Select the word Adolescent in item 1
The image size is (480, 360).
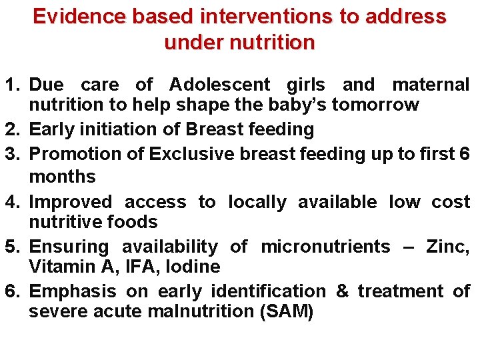(219, 85)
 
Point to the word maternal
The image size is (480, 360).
(431, 85)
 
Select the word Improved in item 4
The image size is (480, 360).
(71, 202)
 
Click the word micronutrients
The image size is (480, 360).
(326, 247)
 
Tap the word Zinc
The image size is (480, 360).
(449, 247)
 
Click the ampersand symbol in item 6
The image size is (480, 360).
(343, 291)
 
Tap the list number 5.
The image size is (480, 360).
(14, 247)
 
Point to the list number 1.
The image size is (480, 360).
(14, 85)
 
